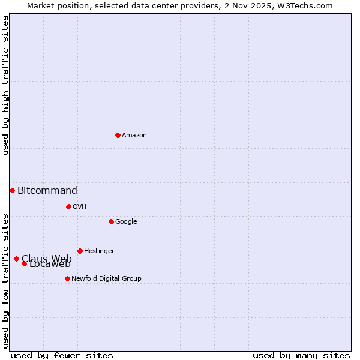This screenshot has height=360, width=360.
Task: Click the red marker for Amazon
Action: point(118,135)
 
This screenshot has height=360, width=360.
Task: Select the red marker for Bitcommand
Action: point(12,190)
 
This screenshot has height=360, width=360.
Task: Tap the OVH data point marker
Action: point(68,206)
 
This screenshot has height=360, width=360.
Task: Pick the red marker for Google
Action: point(111,221)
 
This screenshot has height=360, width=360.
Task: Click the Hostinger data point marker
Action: point(80,251)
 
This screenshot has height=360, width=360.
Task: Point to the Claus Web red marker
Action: point(16,259)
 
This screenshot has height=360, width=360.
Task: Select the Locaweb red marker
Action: point(24,263)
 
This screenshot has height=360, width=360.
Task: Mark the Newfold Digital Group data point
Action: point(67,278)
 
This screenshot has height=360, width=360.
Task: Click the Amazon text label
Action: point(134,136)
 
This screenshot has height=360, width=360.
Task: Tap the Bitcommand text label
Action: point(47,191)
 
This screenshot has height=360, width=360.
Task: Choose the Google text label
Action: point(126,222)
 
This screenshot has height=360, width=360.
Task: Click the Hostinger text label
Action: point(99,251)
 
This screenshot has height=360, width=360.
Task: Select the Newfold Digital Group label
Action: point(106,279)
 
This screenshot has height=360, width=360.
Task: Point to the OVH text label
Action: point(80,207)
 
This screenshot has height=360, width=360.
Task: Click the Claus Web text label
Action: point(47,258)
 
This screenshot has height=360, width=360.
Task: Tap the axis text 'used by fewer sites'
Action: point(62,355)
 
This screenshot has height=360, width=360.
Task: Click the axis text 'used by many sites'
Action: point(301,355)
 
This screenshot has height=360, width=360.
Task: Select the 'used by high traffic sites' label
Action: point(5,85)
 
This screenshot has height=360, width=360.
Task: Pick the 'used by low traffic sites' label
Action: point(5,280)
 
